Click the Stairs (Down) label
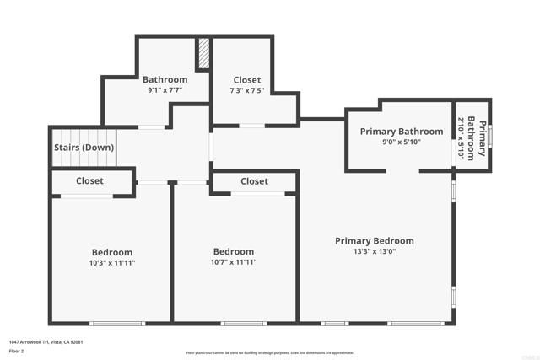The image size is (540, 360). pos(84,148)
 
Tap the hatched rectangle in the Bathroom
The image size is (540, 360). pos(203,55)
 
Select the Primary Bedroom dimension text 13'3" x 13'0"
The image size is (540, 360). pos(374,251)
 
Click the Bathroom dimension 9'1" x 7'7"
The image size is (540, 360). pos(165,90)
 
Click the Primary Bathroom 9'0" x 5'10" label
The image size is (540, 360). pos(401,132)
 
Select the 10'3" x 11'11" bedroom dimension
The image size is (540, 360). pos(112,263)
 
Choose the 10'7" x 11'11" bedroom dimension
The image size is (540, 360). pos(234,263)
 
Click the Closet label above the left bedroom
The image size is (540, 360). pos(89,181)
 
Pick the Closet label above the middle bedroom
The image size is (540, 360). pos(254,181)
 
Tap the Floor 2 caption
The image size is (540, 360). pos(17,350)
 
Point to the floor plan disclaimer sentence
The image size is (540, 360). pos(270,353)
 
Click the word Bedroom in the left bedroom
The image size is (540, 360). pos(112,252)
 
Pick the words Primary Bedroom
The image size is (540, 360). pos(374,240)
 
